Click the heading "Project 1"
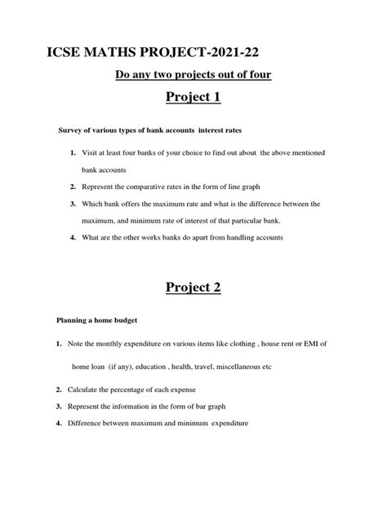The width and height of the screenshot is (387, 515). pos(193,102)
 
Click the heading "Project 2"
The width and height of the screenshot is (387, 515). pos(193,288)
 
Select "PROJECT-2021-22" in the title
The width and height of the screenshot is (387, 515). pos(210,53)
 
